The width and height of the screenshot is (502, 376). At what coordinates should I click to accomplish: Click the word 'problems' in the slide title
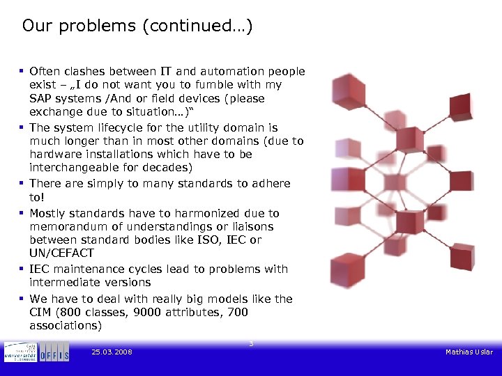click(x=102, y=27)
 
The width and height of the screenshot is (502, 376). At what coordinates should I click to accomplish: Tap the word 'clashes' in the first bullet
click(x=86, y=71)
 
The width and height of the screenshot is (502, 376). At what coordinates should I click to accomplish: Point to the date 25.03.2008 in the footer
click(x=112, y=352)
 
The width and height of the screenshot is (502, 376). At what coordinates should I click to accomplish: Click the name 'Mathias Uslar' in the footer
click(x=469, y=352)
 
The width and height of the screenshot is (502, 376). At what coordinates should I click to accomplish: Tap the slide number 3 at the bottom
click(x=251, y=343)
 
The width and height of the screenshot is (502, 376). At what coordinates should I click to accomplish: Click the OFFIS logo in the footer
click(x=54, y=352)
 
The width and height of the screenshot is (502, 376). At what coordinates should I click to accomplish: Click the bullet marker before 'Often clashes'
click(x=23, y=71)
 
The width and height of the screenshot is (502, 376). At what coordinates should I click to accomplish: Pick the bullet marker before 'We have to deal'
click(x=23, y=299)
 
